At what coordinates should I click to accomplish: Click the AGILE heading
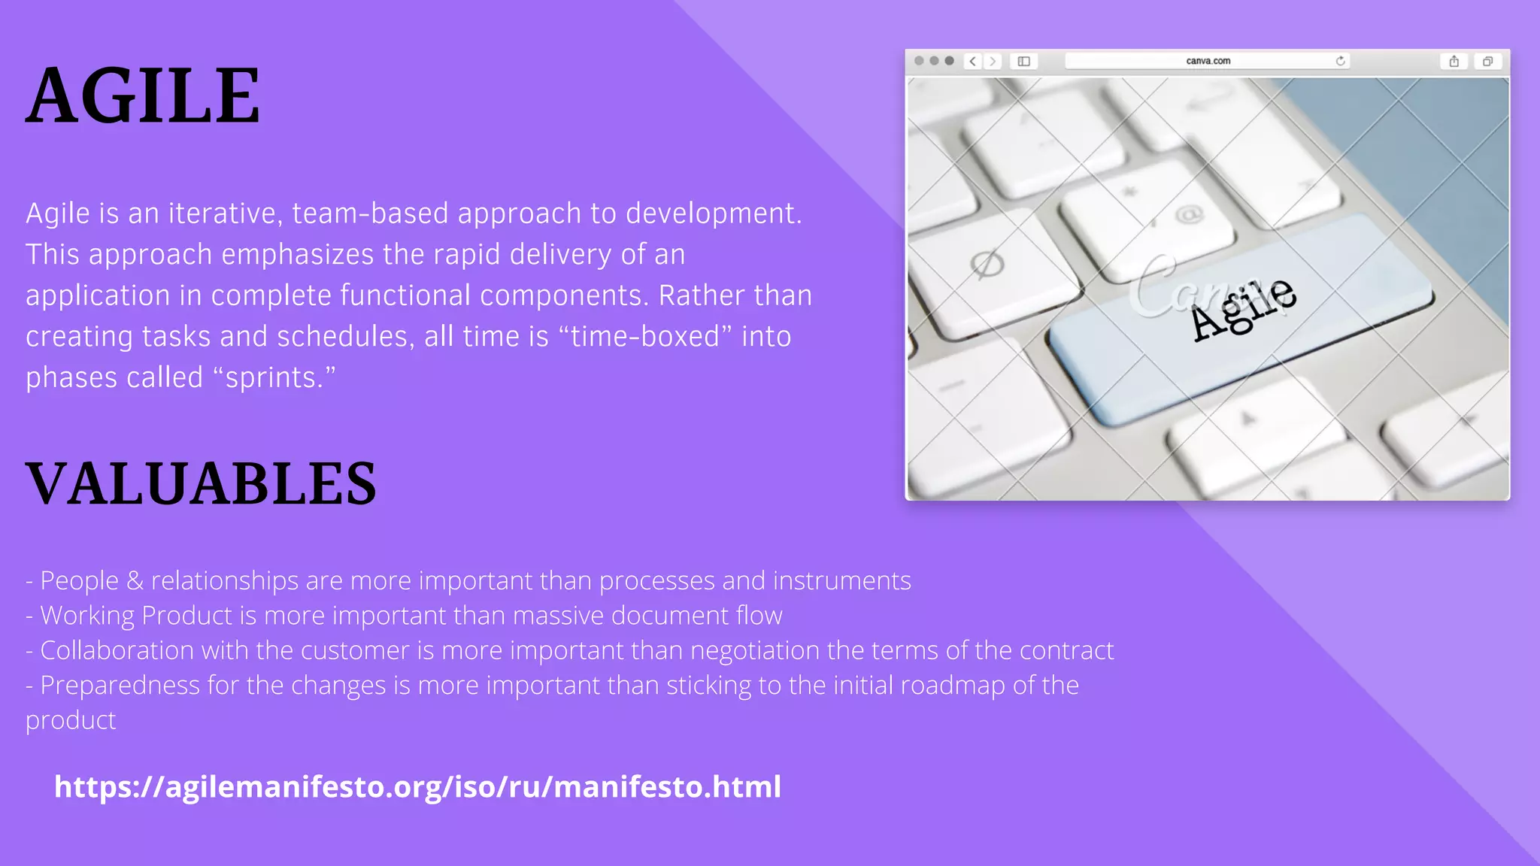pyautogui.click(x=143, y=96)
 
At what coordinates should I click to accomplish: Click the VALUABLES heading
pyautogui.click(x=201, y=483)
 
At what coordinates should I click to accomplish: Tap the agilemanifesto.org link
pyautogui.click(x=417, y=787)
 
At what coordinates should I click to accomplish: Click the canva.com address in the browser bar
pyautogui.click(x=1208, y=61)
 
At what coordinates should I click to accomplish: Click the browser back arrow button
pyautogui.click(x=973, y=61)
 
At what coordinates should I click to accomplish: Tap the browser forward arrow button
pyautogui.click(x=993, y=61)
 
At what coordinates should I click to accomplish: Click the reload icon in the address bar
pyautogui.click(x=1340, y=61)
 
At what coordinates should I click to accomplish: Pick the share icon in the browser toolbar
pyautogui.click(x=1454, y=61)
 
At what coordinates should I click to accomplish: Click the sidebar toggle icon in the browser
pyautogui.click(x=1023, y=61)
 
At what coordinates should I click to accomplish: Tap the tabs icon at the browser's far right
pyautogui.click(x=1487, y=61)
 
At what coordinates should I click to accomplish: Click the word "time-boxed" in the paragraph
pyautogui.click(x=645, y=337)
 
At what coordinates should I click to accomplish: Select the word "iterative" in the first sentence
pyautogui.click(x=225, y=214)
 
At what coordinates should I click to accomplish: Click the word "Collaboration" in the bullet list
pyautogui.click(x=117, y=650)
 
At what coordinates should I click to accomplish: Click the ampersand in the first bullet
pyautogui.click(x=135, y=581)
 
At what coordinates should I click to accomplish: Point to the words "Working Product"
pyautogui.click(x=136, y=616)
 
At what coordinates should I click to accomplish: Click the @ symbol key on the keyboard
pyautogui.click(x=1189, y=216)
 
